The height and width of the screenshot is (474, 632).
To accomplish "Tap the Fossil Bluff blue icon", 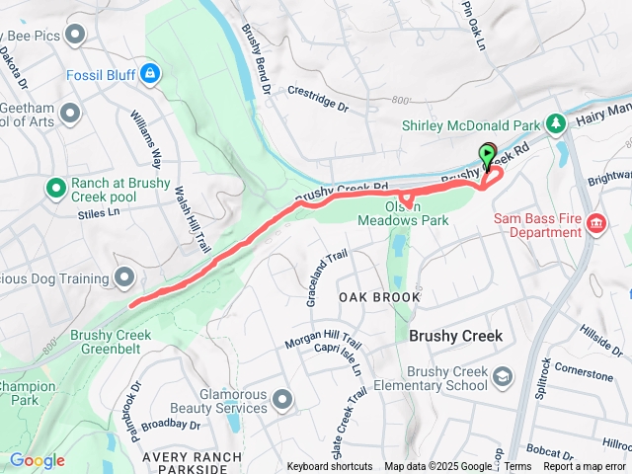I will (x=149, y=72).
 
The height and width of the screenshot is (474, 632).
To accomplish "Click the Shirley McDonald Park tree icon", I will (x=556, y=123).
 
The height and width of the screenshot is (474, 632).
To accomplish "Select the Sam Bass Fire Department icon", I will (x=595, y=224).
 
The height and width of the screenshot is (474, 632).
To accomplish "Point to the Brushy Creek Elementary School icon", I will (x=504, y=377).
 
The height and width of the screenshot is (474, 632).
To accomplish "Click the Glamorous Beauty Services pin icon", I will (x=283, y=399).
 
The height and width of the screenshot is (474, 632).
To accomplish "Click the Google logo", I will (x=37, y=460).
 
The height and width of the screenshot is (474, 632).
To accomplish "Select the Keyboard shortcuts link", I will (x=330, y=467).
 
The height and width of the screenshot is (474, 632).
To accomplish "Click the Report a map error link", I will (x=585, y=467).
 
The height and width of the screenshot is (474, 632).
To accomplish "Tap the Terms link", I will (x=517, y=467).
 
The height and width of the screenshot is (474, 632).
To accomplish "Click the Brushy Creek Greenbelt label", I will (x=111, y=342).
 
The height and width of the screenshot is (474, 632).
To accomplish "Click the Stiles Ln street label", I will (x=98, y=212).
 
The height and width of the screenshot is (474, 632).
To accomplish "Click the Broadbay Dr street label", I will (x=170, y=425).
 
